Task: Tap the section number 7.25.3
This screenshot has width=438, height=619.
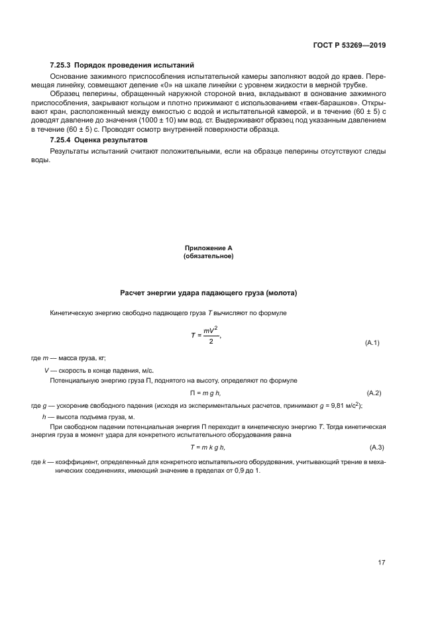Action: pos(60,66)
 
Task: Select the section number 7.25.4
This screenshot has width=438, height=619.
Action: pos(60,141)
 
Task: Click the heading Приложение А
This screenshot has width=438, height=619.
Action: pos(209,248)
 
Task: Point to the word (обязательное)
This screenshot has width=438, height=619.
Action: pos(209,256)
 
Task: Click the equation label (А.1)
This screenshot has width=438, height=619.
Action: pos(372,343)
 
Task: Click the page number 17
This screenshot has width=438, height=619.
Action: pos(382,563)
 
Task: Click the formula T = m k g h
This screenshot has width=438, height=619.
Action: pos(209,448)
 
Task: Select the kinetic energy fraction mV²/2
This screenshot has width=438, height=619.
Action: pos(210,335)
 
